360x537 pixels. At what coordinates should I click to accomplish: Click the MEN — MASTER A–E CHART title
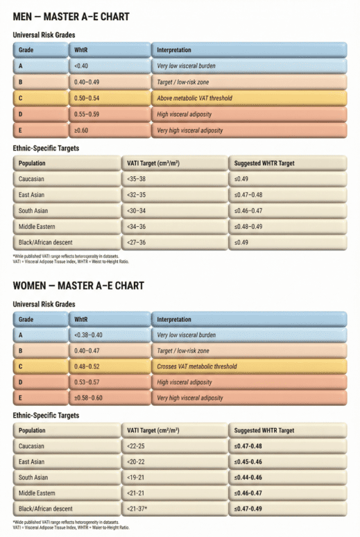point(71,15)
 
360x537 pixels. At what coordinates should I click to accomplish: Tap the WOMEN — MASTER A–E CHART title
point(79,285)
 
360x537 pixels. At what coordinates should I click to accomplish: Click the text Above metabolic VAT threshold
point(196,98)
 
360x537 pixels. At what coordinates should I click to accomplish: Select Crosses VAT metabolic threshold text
point(197,366)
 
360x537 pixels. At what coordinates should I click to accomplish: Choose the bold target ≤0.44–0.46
point(257,478)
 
